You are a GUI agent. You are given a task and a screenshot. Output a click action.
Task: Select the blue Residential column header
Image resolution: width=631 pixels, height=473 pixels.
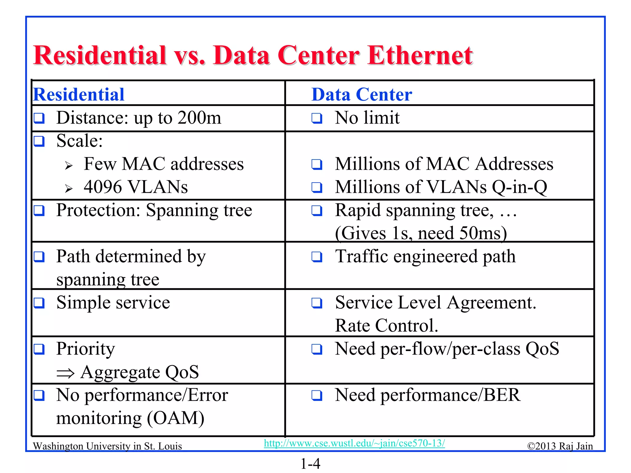(79, 95)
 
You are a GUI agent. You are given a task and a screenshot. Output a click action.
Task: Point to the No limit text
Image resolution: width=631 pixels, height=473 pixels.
(367, 118)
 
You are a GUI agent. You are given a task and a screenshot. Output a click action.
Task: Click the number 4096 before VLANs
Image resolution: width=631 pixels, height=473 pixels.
(103, 187)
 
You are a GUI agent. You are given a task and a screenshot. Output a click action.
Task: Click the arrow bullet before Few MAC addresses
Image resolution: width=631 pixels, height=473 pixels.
(69, 166)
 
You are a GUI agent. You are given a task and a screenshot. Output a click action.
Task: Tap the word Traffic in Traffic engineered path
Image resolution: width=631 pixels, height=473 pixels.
(361, 257)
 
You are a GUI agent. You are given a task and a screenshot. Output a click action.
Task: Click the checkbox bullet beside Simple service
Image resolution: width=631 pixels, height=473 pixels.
(39, 303)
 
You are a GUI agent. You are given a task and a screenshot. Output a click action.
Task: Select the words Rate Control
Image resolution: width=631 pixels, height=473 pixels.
(386, 326)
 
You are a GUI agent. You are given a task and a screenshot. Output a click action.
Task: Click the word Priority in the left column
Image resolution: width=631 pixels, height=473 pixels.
(85, 349)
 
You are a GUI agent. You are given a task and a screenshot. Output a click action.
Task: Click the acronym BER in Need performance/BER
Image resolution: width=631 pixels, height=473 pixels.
(502, 395)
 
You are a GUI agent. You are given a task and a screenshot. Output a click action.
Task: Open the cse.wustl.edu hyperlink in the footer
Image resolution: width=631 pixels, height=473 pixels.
(354, 443)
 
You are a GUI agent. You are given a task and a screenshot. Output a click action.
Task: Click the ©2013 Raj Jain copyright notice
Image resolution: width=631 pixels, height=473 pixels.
(560, 446)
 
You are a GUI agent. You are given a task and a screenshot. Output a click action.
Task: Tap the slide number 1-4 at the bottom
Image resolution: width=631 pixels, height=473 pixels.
(310, 464)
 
